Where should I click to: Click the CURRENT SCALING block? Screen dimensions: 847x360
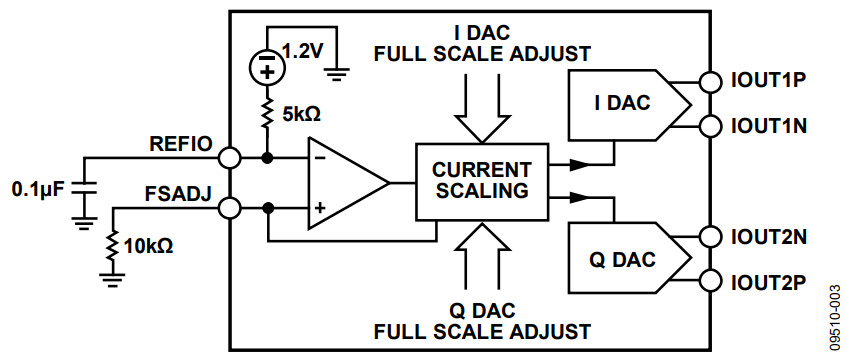point(482,182)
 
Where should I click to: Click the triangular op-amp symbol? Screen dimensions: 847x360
point(348,183)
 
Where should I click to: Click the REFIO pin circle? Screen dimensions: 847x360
point(231,158)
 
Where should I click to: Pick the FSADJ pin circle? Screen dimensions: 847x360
point(231,208)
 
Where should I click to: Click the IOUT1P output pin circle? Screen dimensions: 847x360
point(710,82)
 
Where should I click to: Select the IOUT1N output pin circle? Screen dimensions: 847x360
point(710,126)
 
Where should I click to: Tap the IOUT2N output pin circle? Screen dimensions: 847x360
point(710,236)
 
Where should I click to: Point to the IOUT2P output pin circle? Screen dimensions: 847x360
point(710,281)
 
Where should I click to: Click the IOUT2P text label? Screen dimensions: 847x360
point(769,281)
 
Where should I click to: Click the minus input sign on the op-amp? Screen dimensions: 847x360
point(320,158)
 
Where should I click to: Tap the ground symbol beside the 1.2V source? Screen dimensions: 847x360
point(337,74)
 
